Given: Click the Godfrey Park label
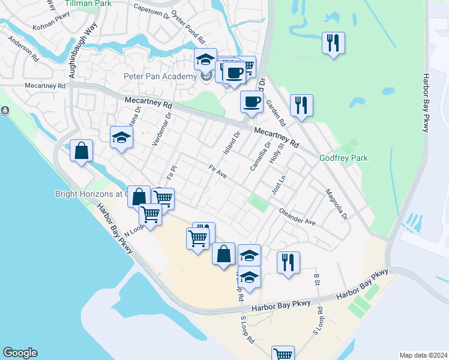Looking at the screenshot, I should coord(343,158).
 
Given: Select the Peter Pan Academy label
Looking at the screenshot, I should coord(160,76).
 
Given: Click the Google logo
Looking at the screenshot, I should coord(20,353).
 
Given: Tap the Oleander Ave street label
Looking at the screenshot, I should coord(298,217).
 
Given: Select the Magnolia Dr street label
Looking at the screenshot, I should coord(337,205).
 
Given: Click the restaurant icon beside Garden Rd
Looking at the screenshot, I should coord(301,106).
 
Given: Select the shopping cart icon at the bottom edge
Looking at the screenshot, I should coord(283,355).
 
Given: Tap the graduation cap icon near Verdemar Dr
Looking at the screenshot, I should coord(121,137).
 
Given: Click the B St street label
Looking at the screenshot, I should coord(316,279).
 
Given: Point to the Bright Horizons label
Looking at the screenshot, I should coord(90,194).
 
